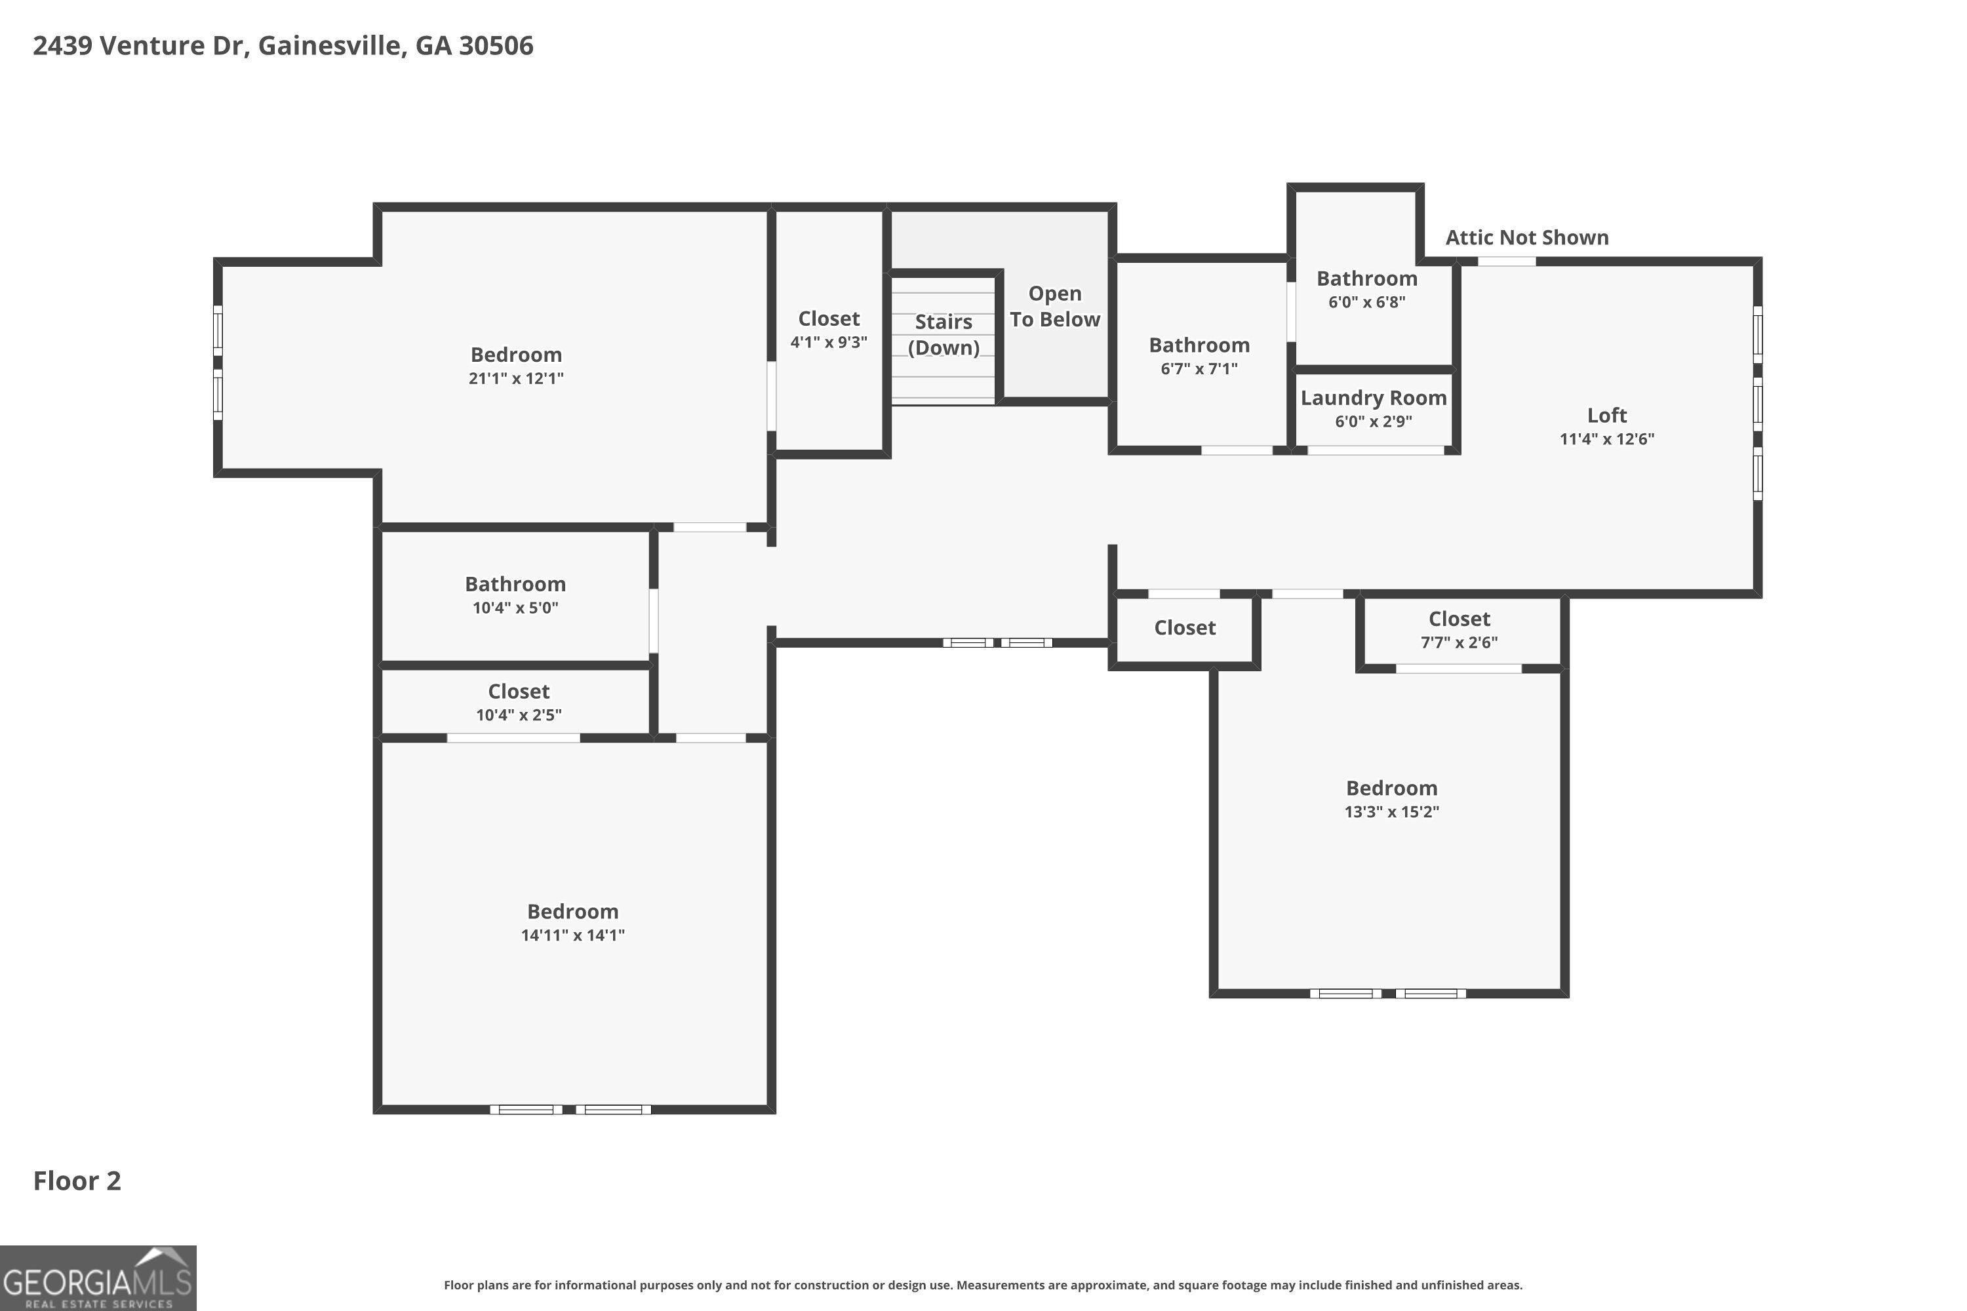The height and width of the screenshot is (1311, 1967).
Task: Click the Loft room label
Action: click(1606, 416)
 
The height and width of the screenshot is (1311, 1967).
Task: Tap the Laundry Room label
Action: click(1373, 398)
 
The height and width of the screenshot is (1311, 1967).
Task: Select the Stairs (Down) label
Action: click(944, 334)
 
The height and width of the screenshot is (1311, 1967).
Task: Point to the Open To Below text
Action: click(1054, 306)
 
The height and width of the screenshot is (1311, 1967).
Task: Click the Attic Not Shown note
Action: click(1527, 237)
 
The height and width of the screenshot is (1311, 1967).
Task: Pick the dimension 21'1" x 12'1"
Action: click(516, 378)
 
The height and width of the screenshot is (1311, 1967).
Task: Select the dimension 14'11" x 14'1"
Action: click(573, 935)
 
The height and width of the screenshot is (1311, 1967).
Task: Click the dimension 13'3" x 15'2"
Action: click(1391, 811)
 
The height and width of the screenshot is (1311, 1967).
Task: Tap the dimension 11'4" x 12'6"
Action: click(1606, 439)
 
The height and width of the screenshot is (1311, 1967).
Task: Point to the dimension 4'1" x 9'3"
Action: click(829, 342)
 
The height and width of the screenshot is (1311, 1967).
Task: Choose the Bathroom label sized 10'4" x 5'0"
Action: click(515, 585)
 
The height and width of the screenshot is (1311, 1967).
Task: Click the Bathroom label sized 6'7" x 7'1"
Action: click(1199, 345)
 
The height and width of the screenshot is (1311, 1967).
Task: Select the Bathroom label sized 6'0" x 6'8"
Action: click(1366, 279)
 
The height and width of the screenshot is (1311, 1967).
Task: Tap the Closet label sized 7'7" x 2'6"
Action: click(1460, 619)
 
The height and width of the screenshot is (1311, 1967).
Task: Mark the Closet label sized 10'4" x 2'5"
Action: click(519, 692)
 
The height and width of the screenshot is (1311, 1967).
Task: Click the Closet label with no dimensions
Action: click(1185, 628)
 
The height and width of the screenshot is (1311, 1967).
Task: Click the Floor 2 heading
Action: click(77, 1181)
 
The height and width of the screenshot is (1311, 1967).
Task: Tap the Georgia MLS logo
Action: click(98, 1278)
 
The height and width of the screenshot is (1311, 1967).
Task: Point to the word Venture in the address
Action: click(152, 45)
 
